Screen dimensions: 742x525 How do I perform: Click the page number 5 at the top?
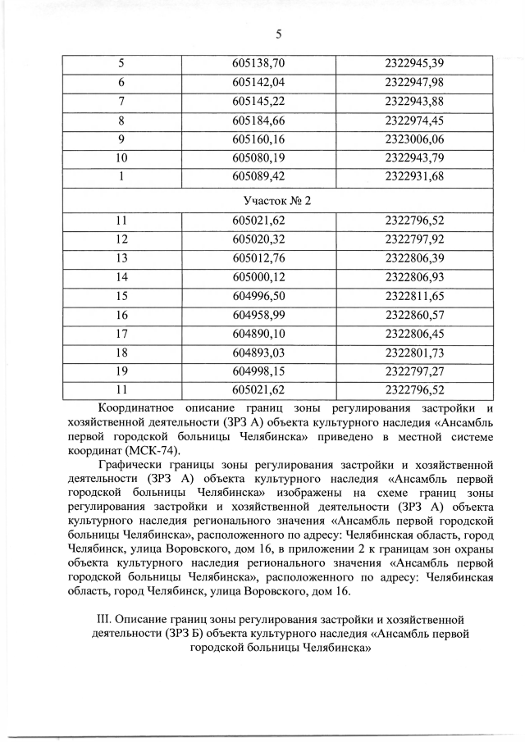click(x=278, y=34)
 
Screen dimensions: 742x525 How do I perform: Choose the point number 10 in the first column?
click(x=122, y=157)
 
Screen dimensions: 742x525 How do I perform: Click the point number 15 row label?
click(x=122, y=295)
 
